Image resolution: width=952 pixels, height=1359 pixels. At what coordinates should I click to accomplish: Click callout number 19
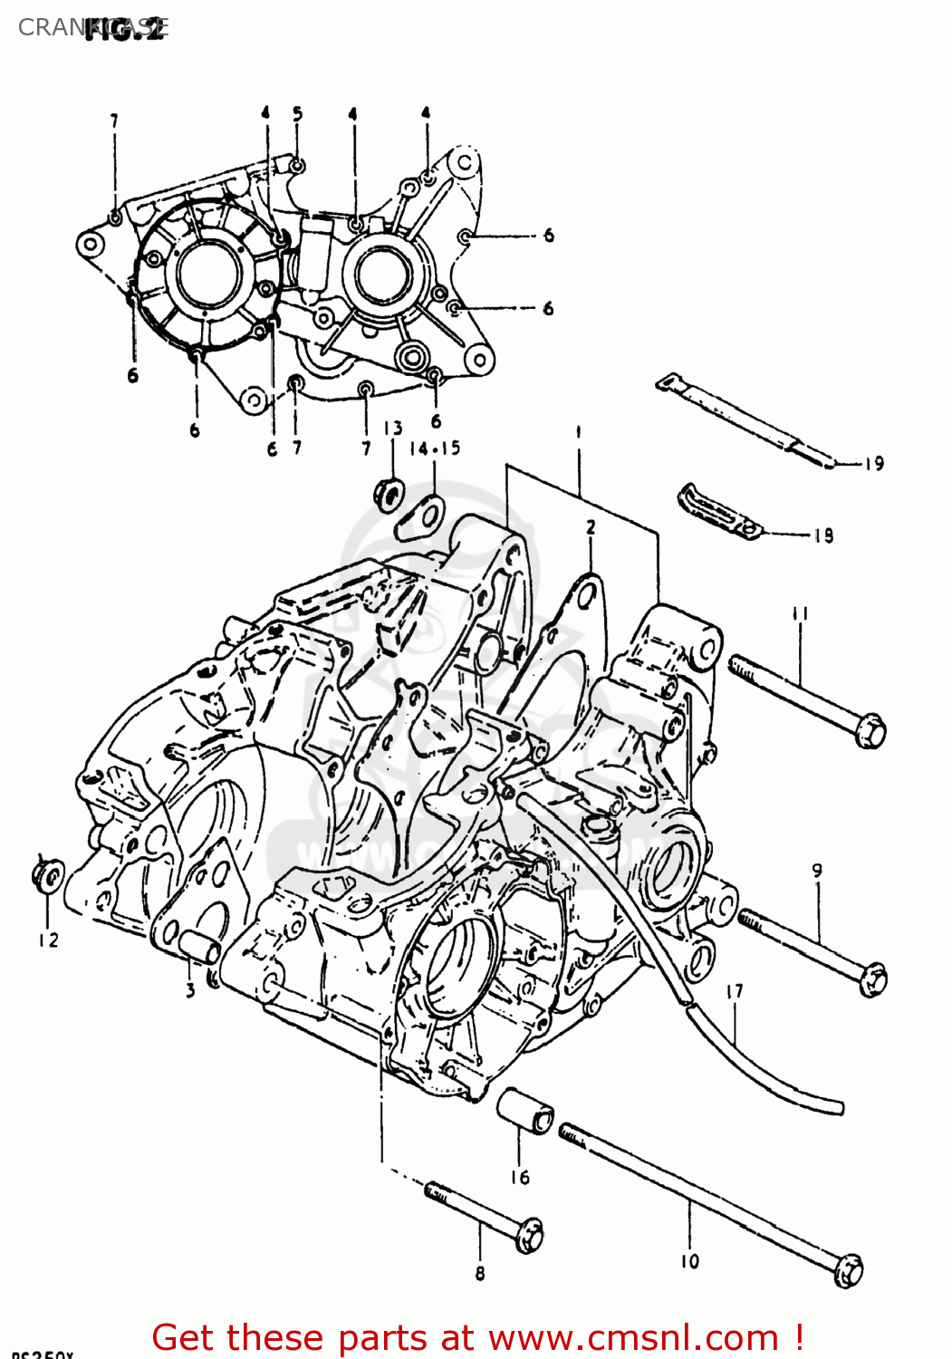click(x=873, y=464)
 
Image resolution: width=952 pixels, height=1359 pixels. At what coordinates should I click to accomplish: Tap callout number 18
click(x=822, y=535)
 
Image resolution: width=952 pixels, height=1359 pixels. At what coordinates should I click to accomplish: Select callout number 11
click(x=800, y=614)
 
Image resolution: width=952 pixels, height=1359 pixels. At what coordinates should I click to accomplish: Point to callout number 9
click(x=817, y=871)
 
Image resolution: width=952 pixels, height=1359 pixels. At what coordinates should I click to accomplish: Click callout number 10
click(x=689, y=1260)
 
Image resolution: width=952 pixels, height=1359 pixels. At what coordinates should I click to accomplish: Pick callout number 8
click(x=479, y=1273)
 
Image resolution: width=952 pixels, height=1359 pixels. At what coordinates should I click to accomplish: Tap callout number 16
click(x=519, y=1177)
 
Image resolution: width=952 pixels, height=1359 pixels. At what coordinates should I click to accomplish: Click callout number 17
click(x=734, y=991)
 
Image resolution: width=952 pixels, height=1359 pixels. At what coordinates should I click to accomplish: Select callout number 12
click(x=48, y=940)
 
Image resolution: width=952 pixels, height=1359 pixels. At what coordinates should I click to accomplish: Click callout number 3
click(x=190, y=990)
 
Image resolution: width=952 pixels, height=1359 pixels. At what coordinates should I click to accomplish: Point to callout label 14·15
click(x=435, y=448)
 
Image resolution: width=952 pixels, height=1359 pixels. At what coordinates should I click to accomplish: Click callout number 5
click(x=297, y=113)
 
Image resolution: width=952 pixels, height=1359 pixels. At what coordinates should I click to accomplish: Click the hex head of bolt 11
click(x=870, y=729)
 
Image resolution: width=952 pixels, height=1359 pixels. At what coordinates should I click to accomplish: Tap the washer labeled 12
click(x=49, y=877)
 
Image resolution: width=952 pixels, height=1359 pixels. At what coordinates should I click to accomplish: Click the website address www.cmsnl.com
click(x=634, y=1337)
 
